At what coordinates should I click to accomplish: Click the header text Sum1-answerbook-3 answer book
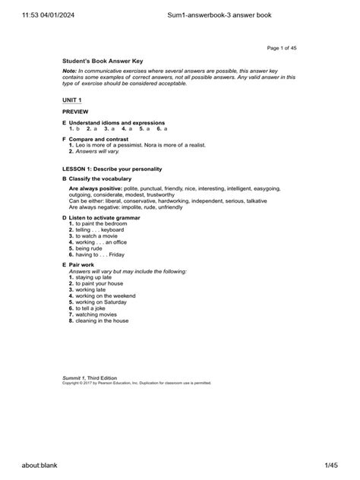(221, 14)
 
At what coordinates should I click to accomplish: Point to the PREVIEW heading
(76, 111)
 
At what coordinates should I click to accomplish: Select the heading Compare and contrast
(101, 140)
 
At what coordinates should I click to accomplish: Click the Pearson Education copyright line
(137, 384)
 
